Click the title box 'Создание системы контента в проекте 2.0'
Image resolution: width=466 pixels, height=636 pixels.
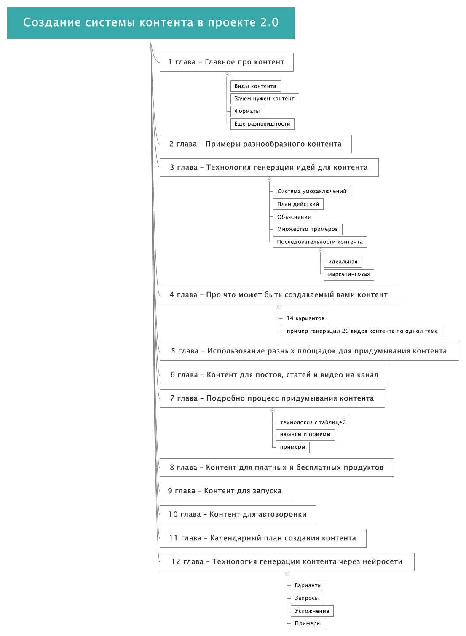pyautogui.click(x=151, y=23)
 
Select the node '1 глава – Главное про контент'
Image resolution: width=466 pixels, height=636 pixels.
pyautogui.click(x=226, y=62)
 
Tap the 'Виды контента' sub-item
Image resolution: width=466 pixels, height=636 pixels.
pyautogui.click(x=255, y=86)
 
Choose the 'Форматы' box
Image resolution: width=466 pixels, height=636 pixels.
pyautogui.click(x=247, y=111)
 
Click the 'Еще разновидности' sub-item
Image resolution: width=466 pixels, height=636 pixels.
pyautogui.click(x=262, y=124)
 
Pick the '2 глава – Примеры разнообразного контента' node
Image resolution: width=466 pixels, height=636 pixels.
pyautogui.click(x=255, y=144)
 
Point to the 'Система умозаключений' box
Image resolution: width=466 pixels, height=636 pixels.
pyautogui.click(x=311, y=192)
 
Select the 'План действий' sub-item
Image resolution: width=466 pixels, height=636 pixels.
pyautogui.click(x=298, y=204)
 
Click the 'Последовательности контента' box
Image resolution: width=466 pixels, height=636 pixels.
pyautogui.click(x=320, y=242)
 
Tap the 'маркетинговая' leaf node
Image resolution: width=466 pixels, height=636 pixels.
pyautogui.click(x=348, y=275)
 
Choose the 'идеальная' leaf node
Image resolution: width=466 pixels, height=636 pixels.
pyautogui.click(x=343, y=262)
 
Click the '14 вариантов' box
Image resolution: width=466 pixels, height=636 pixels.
pyautogui.click(x=305, y=319)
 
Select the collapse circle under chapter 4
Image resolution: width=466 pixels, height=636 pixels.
pyautogui.click(x=279, y=307)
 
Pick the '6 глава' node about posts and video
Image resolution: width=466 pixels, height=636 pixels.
pyautogui.click(x=274, y=375)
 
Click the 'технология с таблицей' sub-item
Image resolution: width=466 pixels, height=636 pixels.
pyautogui.click(x=313, y=422)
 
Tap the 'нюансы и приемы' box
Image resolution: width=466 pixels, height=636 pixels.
pyautogui.click(x=305, y=435)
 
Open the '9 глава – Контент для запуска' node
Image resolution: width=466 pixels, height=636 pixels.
pyautogui.click(x=225, y=491)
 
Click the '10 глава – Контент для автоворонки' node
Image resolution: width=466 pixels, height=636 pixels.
pyautogui.click(x=238, y=515)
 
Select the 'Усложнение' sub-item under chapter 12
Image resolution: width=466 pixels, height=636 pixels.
pyautogui.click(x=312, y=611)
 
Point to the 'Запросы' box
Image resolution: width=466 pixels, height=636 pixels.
pyautogui.click(x=307, y=599)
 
